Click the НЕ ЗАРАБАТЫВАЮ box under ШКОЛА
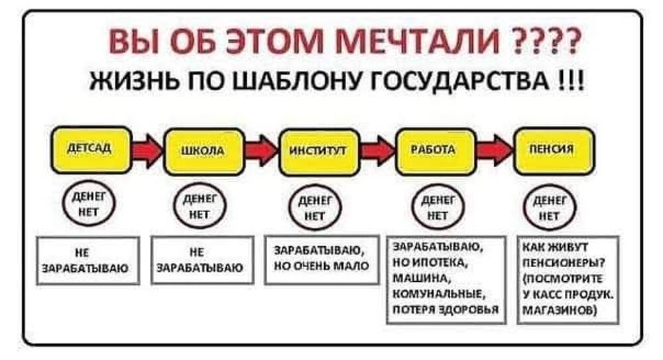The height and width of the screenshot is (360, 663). click(x=200, y=261)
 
